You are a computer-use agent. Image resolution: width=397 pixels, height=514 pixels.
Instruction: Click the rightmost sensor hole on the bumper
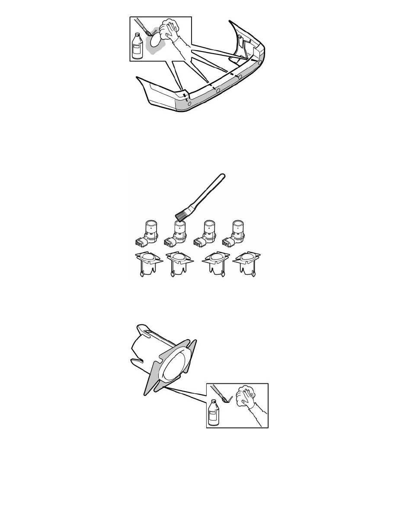259,63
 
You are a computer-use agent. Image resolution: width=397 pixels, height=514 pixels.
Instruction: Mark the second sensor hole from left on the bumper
218,90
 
